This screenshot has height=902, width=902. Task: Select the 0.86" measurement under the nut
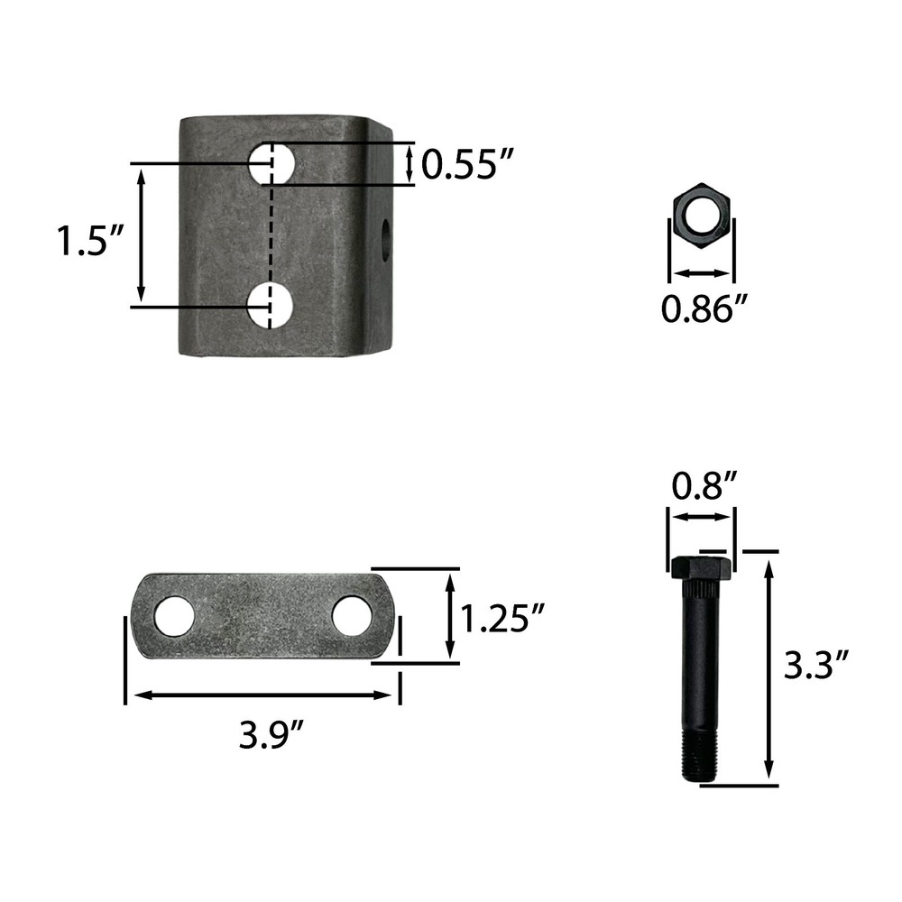tap(705, 309)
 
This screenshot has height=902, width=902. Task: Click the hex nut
tap(702, 216)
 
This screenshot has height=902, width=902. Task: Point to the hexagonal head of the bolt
tap(701, 568)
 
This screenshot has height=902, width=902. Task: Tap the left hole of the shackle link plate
tap(173, 615)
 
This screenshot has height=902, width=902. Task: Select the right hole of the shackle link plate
tap(352, 615)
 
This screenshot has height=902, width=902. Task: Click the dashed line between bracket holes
tap(271, 235)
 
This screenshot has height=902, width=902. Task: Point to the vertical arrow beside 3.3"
tap(769, 667)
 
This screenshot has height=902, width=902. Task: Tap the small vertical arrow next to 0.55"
tap(410, 164)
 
